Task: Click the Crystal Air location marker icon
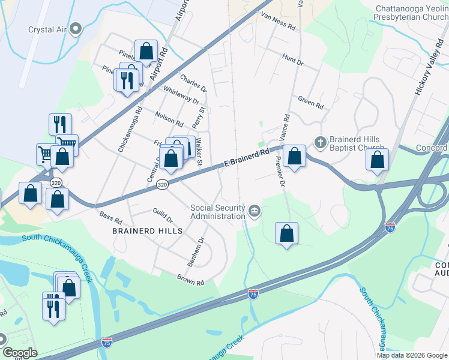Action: (76, 29)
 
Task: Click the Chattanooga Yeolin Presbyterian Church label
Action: (411, 14)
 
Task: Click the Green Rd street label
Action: (311, 103)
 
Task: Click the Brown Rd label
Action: (190, 279)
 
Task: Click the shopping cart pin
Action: (45, 153)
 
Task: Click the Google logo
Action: (20, 353)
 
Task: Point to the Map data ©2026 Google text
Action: (412, 355)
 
